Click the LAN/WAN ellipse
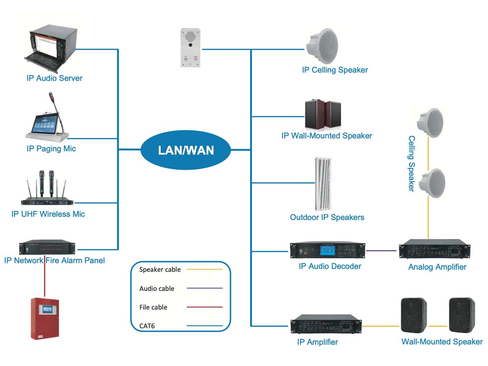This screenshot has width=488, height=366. coord(185,150)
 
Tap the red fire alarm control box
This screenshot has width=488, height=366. coord(45,318)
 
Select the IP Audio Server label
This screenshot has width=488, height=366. coord(54,78)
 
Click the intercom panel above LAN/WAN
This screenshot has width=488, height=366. coord(190,47)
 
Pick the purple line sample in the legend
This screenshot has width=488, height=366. coord(204,288)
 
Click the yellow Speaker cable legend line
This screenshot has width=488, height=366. coord(204,269)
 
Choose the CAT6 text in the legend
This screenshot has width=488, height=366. coord(147,326)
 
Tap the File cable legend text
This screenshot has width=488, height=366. coord(153,307)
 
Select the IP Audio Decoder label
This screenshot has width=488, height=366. coord(330,266)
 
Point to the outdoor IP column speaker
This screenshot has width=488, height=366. coord(323,184)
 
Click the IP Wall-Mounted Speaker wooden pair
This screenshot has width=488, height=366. coord(323,115)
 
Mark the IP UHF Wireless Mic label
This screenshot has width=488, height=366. coord(48,214)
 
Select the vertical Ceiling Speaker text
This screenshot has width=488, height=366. coord(411,164)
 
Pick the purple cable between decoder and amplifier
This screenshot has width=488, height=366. coord(381,250)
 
